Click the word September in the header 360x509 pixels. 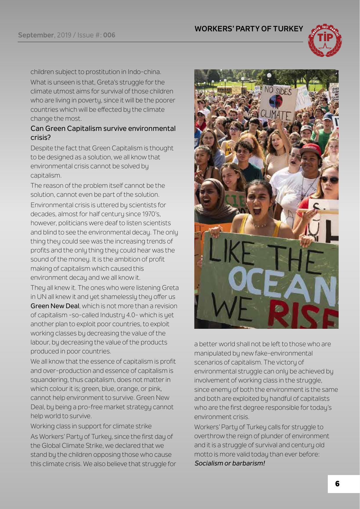coord(36,35)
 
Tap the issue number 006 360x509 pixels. coord(109,35)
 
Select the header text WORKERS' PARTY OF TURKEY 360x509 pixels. coord(249,29)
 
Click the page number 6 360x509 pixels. coord(337,484)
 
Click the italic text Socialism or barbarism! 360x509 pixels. coord(230,463)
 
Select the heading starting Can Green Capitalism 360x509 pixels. coord(103,132)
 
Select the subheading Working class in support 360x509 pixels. coord(91,426)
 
